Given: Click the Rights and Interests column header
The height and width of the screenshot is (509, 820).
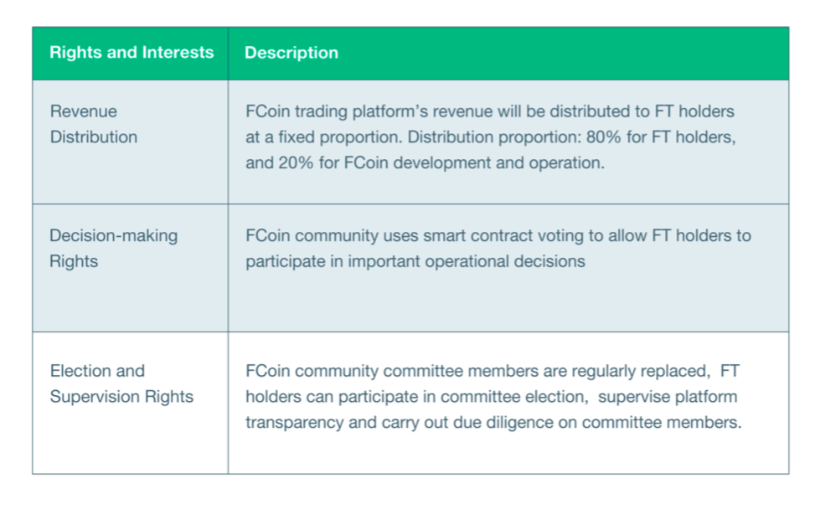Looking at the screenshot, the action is point(132,52).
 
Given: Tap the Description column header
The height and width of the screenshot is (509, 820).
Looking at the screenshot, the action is point(291,53).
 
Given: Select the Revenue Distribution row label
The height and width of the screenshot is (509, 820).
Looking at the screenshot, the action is point(94,124).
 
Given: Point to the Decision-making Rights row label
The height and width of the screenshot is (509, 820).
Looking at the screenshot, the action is point(113,249).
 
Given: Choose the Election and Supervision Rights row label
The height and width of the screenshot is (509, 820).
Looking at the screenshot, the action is point(121,383).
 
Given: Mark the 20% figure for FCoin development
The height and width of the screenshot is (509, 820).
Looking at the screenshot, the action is point(296,162).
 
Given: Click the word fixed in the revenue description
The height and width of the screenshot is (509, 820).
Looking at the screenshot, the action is point(297,137).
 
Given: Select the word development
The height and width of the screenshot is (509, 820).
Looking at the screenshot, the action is point(442,163).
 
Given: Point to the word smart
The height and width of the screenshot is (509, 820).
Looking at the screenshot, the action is point(441,236).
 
